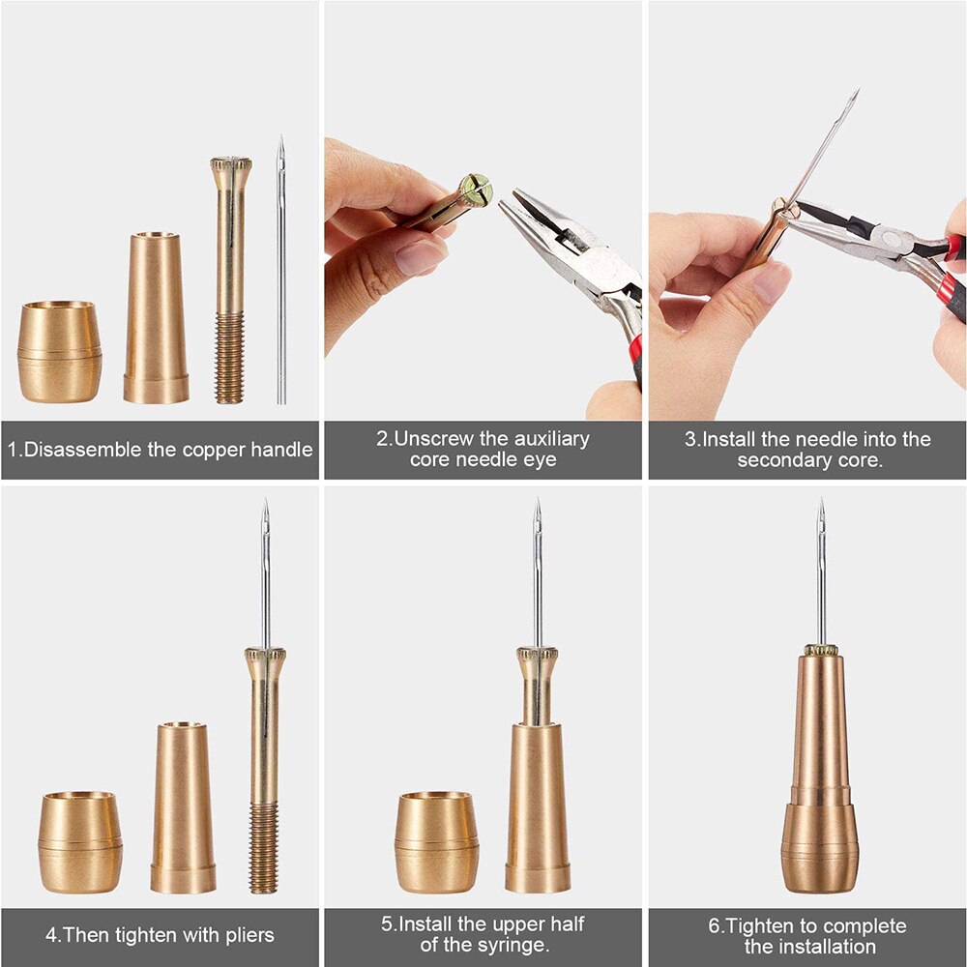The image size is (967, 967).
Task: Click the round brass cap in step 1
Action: tap(59, 352)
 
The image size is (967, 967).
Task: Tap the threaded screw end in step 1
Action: tap(229, 358)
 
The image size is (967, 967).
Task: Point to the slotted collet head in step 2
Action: tap(476, 190)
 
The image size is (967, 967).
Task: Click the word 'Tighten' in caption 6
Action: tap(761, 925)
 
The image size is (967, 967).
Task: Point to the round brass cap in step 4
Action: tap(80, 841)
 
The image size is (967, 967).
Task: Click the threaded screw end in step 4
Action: tap(263, 849)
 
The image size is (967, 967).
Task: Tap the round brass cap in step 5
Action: tap(436, 841)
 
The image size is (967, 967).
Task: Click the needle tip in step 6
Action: tap(820, 506)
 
